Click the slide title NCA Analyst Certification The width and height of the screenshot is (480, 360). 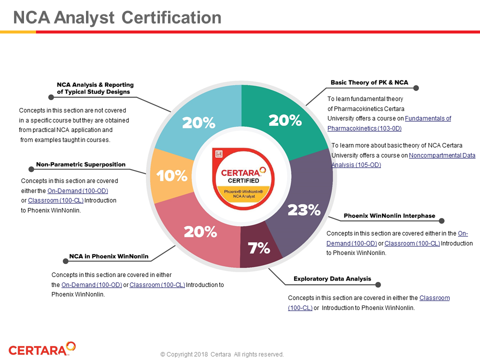(x=117, y=18)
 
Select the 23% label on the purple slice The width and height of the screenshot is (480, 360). (x=303, y=210)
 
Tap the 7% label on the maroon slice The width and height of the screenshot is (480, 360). (x=259, y=247)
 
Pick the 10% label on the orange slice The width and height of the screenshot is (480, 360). (x=172, y=175)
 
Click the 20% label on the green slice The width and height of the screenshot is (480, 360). (x=285, y=120)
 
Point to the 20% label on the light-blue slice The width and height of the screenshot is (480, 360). (x=198, y=122)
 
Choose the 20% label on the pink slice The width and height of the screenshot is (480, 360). (x=200, y=231)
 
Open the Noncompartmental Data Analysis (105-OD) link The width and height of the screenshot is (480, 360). (x=442, y=155)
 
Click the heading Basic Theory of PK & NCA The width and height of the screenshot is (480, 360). (x=369, y=82)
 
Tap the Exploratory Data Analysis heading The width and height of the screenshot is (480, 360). (x=332, y=278)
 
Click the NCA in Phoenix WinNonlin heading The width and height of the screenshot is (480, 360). (x=108, y=256)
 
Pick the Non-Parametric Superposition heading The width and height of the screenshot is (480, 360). (x=80, y=164)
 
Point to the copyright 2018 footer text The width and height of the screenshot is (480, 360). (x=222, y=354)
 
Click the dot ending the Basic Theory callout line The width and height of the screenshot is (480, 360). (x=416, y=88)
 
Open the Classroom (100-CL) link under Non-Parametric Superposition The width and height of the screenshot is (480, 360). (x=55, y=200)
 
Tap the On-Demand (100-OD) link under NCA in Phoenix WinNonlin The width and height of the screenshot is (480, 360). (x=91, y=285)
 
